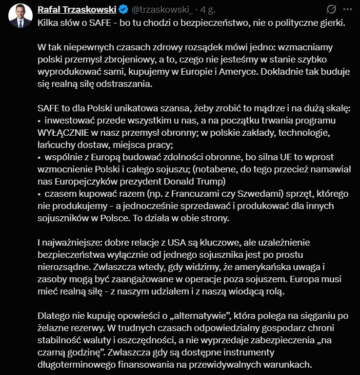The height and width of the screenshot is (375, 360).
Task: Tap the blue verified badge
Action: tap(123, 9)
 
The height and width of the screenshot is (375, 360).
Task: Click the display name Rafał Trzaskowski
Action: tap(78, 9)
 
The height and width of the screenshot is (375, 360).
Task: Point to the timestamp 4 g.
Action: tap(208, 9)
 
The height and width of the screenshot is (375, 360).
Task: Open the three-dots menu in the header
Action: tap(347, 9)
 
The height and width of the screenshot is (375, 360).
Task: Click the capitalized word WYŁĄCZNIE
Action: tap(66, 132)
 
